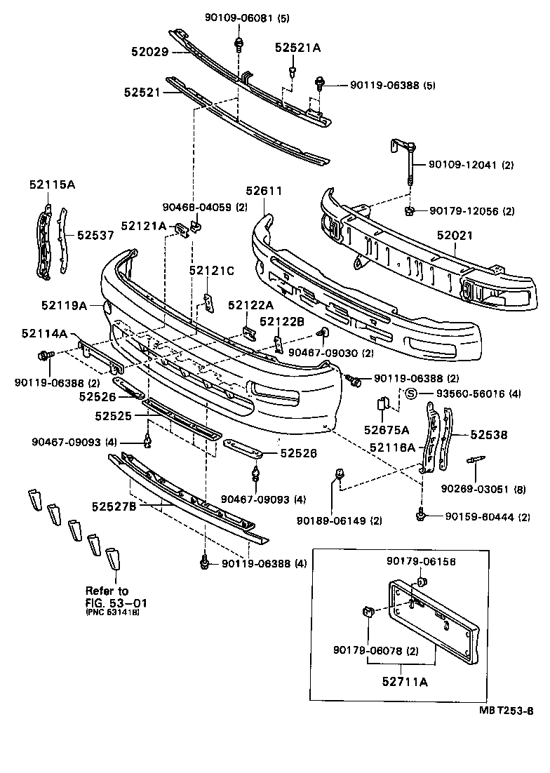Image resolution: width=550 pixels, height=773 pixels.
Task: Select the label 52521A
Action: pyautogui.click(x=297, y=48)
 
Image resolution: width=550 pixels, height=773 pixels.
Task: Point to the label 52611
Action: pyautogui.click(x=264, y=190)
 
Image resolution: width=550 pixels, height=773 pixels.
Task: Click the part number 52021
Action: pyautogui.click(x=456, y=236)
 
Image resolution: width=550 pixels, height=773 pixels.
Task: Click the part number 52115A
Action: pyautogui.click(x=52, y=184)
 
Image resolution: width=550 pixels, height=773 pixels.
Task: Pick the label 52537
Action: pyautogui.click(x=95, y=236)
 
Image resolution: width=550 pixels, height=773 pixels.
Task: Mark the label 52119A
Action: pyautogui.click(x=64, y=305)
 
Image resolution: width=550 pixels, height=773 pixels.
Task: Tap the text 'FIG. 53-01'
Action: pyautogui.click(x=116, y=602)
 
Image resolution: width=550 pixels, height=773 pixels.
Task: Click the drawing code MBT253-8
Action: pyautogui.click(x=504, y=711)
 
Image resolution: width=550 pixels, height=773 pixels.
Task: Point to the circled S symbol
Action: pyautogui.click(x=412, y=394)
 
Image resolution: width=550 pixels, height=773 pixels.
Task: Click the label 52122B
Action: pyautogui.click(x=282, y=322)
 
